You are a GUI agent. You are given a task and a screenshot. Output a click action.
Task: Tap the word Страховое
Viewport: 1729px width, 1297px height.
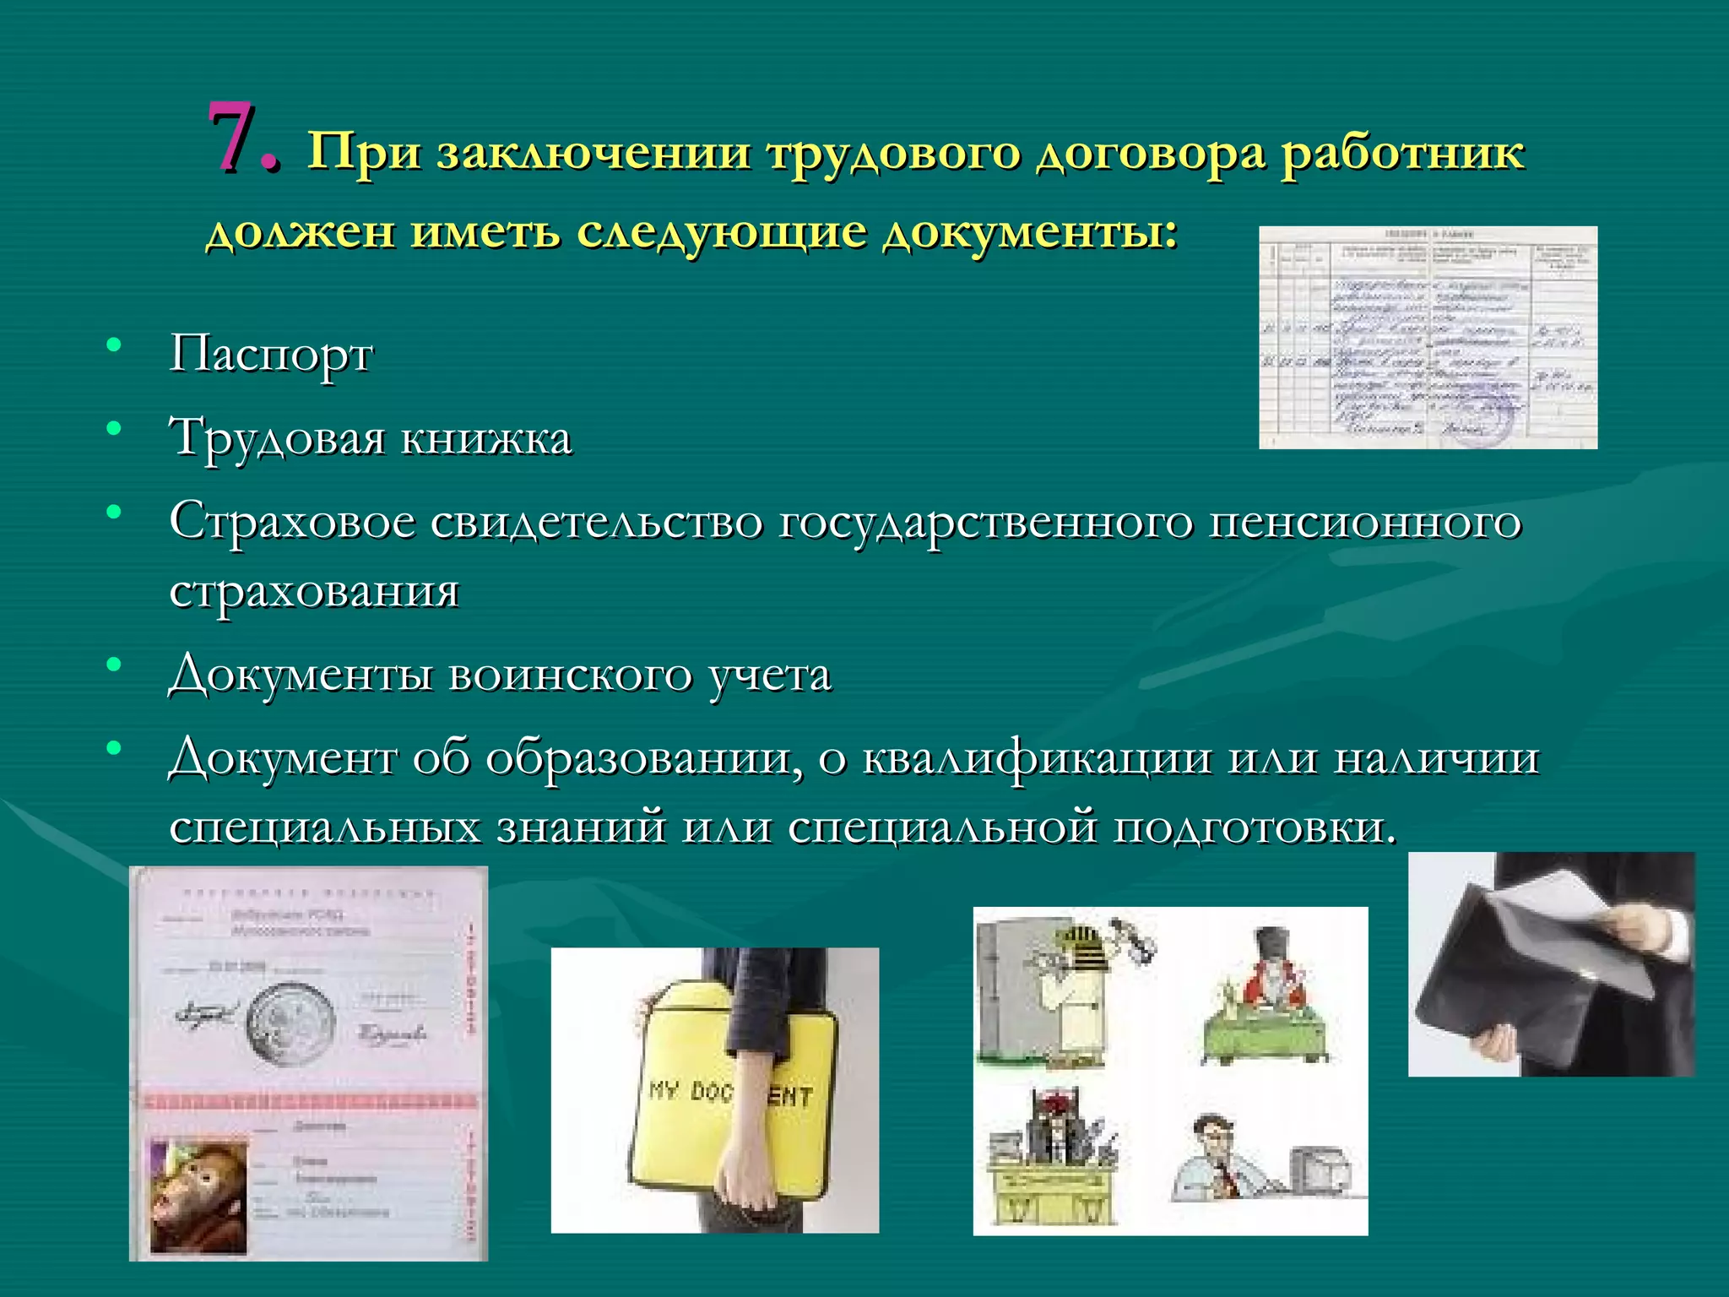291,522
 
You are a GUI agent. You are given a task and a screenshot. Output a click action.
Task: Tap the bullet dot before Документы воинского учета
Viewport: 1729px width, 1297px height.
114,665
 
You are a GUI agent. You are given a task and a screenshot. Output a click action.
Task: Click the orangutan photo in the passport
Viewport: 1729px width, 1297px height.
199,1195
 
